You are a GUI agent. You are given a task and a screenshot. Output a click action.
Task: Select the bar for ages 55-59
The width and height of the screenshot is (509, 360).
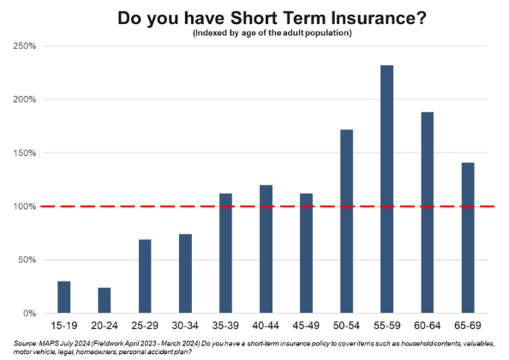click(386, 189)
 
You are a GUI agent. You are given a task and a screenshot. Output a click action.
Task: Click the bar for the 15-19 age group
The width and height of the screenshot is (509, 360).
click(64, 297)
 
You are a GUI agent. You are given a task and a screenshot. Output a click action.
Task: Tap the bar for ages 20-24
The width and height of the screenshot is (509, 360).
click(105, 300)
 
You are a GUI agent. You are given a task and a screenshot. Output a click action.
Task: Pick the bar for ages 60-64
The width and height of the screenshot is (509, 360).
click(428, 213)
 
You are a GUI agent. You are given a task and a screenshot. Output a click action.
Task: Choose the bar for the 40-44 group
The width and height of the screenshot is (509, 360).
click(266, 249)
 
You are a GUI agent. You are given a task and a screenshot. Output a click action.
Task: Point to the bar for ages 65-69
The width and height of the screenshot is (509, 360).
click(468, 238)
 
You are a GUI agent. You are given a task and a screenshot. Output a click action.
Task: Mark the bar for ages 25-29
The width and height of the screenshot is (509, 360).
click(145, 276)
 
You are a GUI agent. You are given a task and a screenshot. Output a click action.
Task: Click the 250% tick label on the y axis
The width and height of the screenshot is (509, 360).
click(25, 45)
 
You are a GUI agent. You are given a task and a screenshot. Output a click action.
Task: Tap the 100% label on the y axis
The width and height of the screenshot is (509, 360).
click(25, 207)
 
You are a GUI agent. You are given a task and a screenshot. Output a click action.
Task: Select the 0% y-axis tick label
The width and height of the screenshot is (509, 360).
click(29, 314)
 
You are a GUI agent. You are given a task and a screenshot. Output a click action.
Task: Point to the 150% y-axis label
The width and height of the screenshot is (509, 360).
click(25, 153)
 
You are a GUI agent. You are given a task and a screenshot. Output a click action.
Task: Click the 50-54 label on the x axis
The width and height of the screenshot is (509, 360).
click(346, 326)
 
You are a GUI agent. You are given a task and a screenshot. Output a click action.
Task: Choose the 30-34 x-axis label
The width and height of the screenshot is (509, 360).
click(185, 326)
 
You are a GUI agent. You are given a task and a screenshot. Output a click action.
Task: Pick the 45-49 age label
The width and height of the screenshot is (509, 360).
click(306, 326)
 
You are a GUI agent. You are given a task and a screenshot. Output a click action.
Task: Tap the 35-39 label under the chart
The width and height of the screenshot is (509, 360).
click(225, 326)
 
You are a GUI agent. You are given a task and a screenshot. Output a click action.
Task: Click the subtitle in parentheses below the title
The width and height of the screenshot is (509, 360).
click(272, 33)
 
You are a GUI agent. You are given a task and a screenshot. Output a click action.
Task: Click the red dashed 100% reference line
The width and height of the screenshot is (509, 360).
click(267, 207)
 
